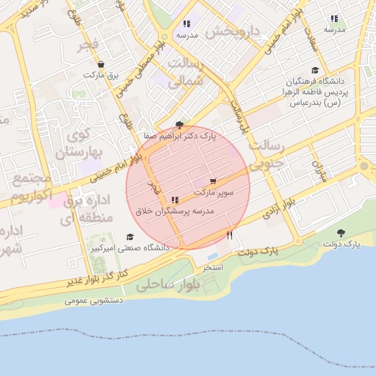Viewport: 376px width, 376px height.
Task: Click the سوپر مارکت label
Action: [x=214, y=192]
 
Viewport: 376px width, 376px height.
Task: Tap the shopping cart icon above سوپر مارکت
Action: [x=213, y=181]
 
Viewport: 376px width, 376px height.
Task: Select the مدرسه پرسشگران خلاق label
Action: [x=174, y=211]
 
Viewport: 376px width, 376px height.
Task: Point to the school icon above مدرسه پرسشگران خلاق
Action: [x=174, y=200]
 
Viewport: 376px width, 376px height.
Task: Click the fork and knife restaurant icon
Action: [x=230, y=236]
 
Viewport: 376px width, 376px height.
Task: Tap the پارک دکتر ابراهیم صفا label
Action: [x=181, y=136]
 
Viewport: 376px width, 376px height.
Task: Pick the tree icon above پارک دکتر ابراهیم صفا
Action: [x=180, y=125]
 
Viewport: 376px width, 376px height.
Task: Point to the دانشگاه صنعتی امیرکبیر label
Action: [x=130, y=248]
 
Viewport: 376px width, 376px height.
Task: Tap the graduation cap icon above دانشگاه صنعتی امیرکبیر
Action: [x=130, y=237]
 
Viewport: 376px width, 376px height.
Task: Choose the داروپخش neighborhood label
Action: [x=231, y=32]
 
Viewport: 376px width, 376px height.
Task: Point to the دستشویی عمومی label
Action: [x=93, y=300]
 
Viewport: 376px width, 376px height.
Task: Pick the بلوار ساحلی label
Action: [x=169, y=283]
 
